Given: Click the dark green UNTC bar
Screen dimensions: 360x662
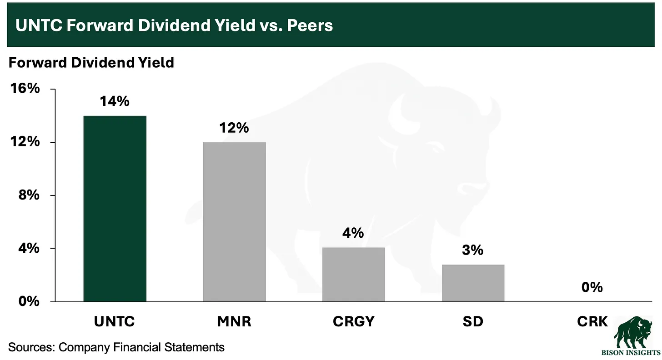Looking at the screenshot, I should coord(115,209).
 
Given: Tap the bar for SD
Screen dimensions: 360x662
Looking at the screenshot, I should coord(473,283).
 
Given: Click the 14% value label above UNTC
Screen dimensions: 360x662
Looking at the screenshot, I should coord(115,101).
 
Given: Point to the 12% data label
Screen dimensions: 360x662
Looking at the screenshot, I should coord(234,128).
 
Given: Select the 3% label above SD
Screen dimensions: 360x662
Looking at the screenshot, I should coord(473,250).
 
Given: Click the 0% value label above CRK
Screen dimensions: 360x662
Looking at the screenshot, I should coord(592,287).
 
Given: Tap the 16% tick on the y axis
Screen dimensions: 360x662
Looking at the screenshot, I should coord(26,89).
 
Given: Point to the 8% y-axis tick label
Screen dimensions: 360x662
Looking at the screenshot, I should coord(29,195).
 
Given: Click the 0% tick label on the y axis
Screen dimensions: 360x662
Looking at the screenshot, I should coord(29,301).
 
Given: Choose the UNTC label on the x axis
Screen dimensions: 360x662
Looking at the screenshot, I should coord(115,322).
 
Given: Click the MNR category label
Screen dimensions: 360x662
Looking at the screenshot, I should coord(234,322).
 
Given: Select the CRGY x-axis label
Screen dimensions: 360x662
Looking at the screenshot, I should coord(354,322).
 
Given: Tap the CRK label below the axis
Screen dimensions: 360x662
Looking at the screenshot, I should coord(592,322).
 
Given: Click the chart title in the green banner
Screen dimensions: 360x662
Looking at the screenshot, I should coord(174,25).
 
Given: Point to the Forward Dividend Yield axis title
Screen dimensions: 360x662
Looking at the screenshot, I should coord(91,62).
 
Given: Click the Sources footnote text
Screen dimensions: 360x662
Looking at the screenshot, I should coord(117,348).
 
